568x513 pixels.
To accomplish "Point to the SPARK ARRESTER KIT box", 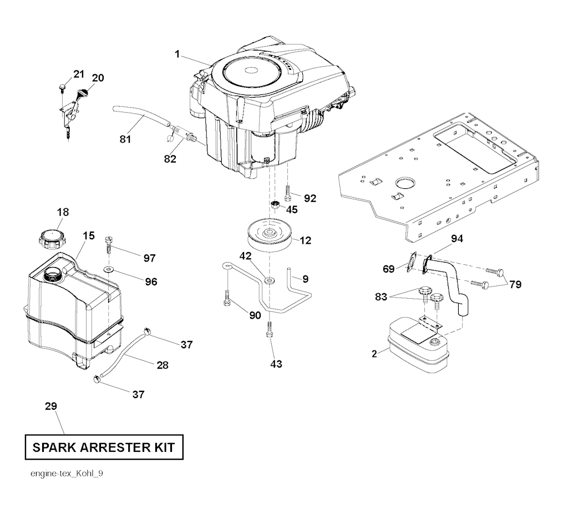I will (104, 447).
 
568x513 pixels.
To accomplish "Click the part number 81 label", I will (125, 139).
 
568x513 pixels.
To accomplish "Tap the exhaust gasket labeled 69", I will (412, 263).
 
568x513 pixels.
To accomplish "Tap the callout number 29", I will (51, 407).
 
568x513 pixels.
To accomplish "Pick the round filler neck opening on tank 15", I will (53, 274).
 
